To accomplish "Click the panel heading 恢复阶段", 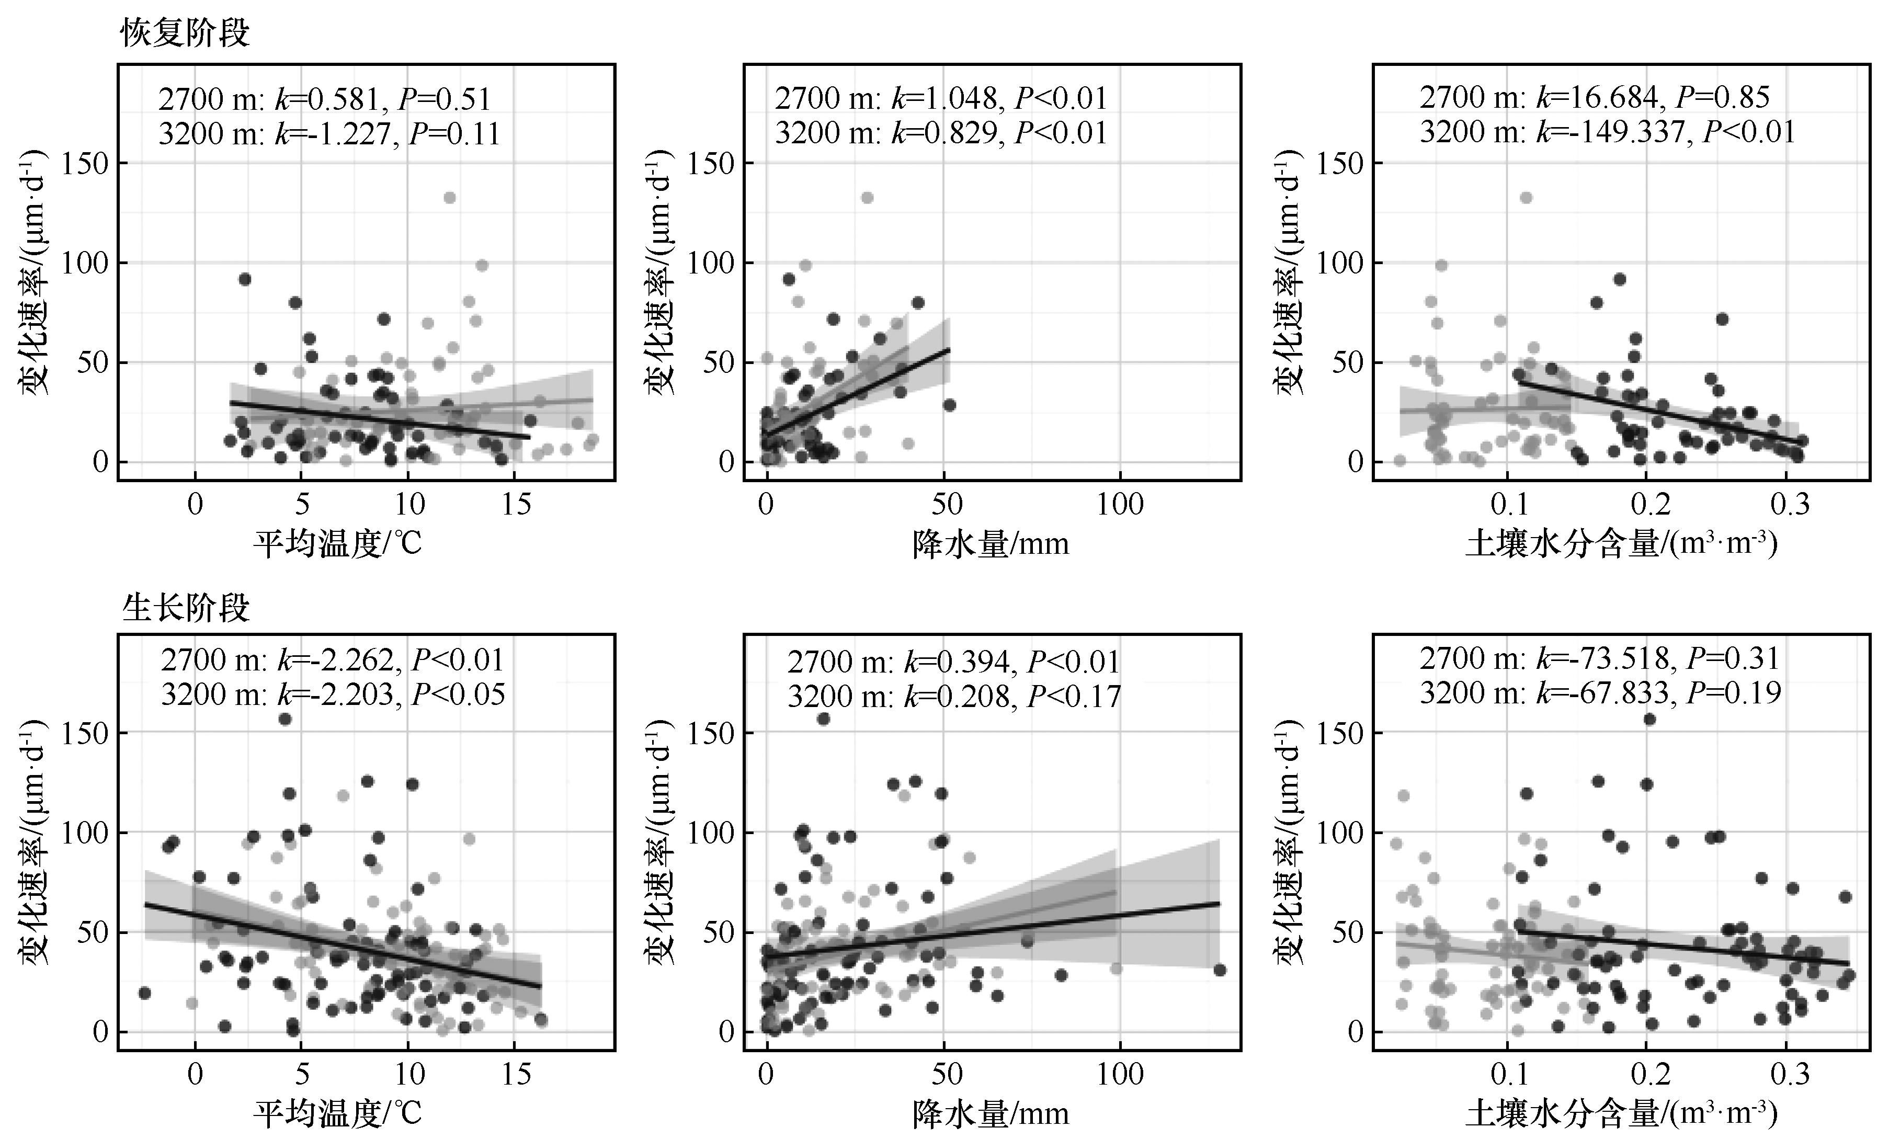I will (x=186, y=33).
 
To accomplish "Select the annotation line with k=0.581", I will (x=324, y=100).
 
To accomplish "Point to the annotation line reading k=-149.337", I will (x=1607, y=132).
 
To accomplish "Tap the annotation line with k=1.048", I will (x=941, y=99).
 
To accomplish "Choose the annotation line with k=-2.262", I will (x=332, y=660).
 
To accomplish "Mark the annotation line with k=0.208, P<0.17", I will (x=954, y=696).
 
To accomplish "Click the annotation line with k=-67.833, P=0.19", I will (x=1600, y=693).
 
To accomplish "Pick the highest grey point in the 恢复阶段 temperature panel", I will (x=450, y=198).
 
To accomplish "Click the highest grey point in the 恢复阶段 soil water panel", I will (x=1527, y=198).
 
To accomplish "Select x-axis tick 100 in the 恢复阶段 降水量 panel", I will (x=1120, y=504).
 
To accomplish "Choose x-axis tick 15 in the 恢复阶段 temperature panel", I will (x=517, y=504).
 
